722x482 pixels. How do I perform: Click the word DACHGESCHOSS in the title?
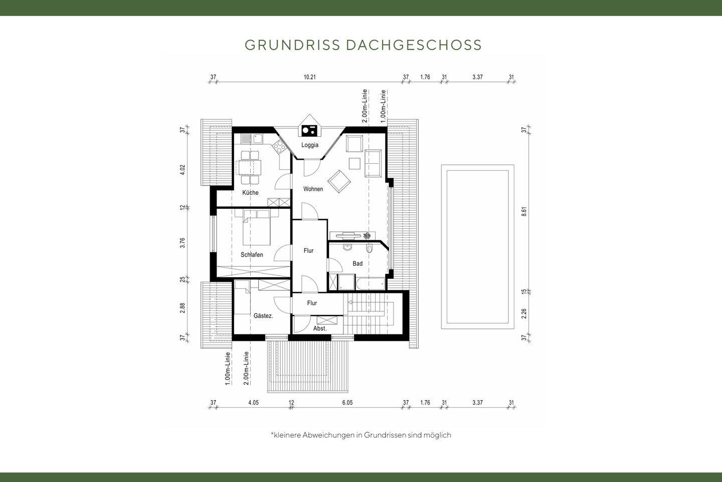click(414, 45)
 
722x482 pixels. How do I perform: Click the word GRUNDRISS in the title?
click(292, 45)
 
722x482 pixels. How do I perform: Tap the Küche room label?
click(250, 193)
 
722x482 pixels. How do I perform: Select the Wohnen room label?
click(313, 189)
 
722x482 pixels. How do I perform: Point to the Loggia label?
click(309, 145)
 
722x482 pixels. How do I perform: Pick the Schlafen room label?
click(252, 255)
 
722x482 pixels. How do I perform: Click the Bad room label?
click(357, 264)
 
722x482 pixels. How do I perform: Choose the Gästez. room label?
click(263, 316)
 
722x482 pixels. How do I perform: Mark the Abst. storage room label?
click(320, 329)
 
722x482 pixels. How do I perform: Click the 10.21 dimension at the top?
click(310, 77)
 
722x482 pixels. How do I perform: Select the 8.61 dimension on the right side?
click(524, 211)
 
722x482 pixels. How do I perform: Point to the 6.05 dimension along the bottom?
click(347, 403)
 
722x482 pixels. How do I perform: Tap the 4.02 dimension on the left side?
click(183, 170)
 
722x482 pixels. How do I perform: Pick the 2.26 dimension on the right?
click(524, 314)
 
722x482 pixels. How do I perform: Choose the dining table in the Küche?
click(250, 166)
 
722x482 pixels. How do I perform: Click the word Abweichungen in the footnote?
click(328, 435)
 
